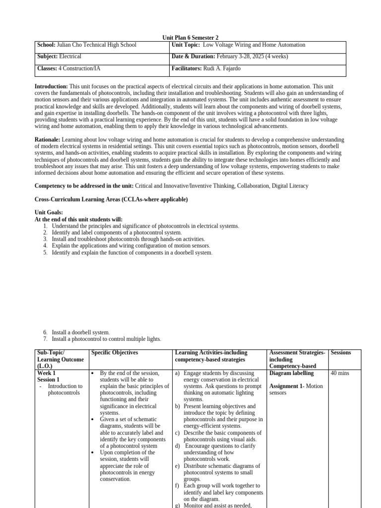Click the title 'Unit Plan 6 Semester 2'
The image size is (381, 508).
(x=190, y=38)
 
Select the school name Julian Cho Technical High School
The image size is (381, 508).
(x=97, y=45)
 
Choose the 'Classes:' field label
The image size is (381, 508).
(x=47, y=68)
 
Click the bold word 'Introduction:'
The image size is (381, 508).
(x=51, y=86)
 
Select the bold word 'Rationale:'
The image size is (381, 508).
(x=48, y=140)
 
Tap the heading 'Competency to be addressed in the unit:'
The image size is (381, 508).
(x=84, y=186)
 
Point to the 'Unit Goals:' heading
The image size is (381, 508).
(x=49, y=212)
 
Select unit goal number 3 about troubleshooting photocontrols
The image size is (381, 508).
(x=134, y=239)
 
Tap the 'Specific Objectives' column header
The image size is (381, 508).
(x=115, y=353)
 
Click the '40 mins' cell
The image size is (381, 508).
(x=340, y=373)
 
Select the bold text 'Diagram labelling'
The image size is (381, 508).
(x=291, y=373)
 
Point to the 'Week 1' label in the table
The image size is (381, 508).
(x=47, y=373)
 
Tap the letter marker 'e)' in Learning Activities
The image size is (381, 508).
(x=177, y=466)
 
